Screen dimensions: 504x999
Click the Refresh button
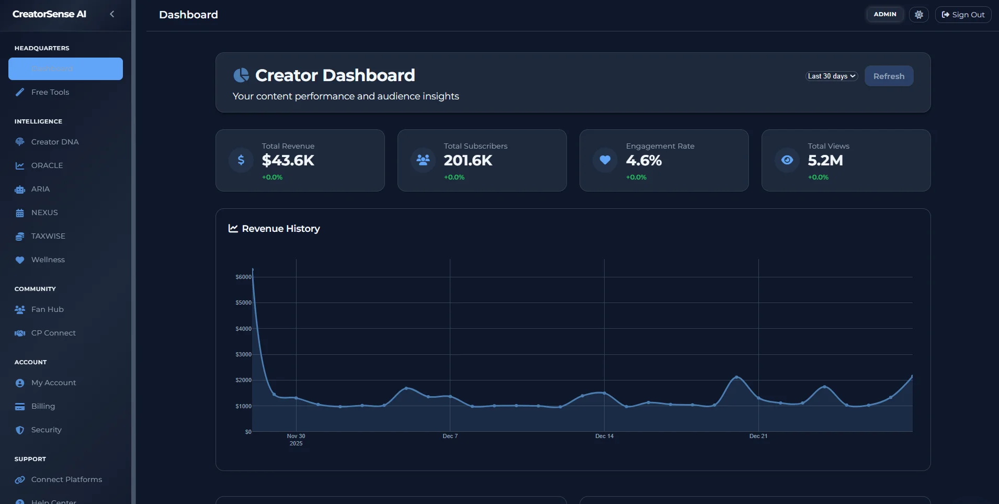click(889, 76)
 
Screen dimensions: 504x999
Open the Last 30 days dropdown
click(831, 76)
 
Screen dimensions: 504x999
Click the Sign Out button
click(963, 15)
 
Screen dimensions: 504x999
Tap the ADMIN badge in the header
click(884, 14)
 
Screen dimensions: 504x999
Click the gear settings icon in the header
click(918, 15)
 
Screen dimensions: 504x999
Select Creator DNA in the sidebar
click(54, 142)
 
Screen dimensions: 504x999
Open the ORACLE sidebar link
click(47, 165)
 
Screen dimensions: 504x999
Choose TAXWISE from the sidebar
click(48, 236)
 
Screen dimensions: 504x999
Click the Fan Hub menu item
click(47, 309)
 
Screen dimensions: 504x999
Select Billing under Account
click(43, 406)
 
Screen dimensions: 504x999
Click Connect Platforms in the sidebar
click(66, 479)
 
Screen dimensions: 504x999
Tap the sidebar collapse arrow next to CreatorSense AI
click(112, 14)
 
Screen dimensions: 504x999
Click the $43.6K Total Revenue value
click(288, 160)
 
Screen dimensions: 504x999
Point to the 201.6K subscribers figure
click(468, 160)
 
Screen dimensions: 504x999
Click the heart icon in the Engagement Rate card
click(605, 160)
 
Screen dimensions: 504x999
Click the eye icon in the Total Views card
click(787, 160)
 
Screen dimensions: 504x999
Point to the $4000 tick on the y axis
click(243, 329)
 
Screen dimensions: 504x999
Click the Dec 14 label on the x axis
click(604, 436)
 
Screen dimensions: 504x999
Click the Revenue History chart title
click(280, 229)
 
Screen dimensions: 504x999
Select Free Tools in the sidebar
click(50, 92)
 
